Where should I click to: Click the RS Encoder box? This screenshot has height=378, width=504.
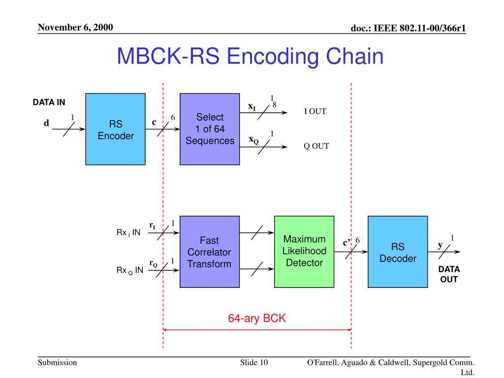[116, 128]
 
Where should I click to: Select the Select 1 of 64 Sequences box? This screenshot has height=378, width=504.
[210, 128]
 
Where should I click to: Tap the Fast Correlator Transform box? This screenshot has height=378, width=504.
[209, 252]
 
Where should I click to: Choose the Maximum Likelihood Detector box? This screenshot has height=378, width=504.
[304, 251]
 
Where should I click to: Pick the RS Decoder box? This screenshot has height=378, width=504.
[398, 252]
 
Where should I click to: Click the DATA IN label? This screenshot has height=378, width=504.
[49, 102]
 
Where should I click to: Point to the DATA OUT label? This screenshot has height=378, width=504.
[449, 275]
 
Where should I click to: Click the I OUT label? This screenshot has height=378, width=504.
[315, 112]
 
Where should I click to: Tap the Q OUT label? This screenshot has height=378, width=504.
[316, 146]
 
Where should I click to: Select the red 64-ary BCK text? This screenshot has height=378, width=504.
[256, 318]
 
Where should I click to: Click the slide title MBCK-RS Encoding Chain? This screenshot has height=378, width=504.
[250, 56]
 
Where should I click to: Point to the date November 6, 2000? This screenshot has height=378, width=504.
[76, 27]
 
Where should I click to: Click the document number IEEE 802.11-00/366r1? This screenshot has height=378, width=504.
[408, 29]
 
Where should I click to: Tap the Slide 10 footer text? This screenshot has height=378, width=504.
[254, 363]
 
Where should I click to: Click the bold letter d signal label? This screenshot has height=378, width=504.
[46, 124]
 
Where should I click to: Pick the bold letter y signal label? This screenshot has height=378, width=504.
[441, 245]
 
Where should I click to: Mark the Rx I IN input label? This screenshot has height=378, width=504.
[128, 233]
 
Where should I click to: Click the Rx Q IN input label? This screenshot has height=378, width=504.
[129, 270]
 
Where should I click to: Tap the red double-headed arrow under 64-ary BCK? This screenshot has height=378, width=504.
[257, 330]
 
